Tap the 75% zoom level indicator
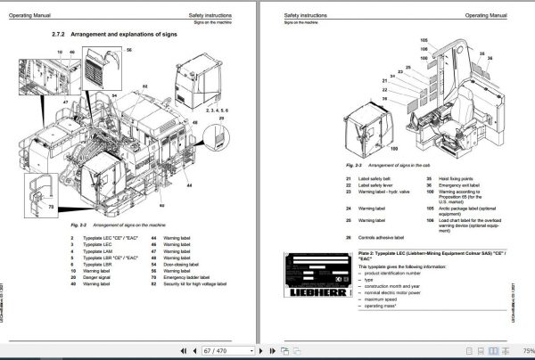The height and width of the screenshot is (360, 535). [525, 351]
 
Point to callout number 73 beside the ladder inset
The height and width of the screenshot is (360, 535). [51, 208]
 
